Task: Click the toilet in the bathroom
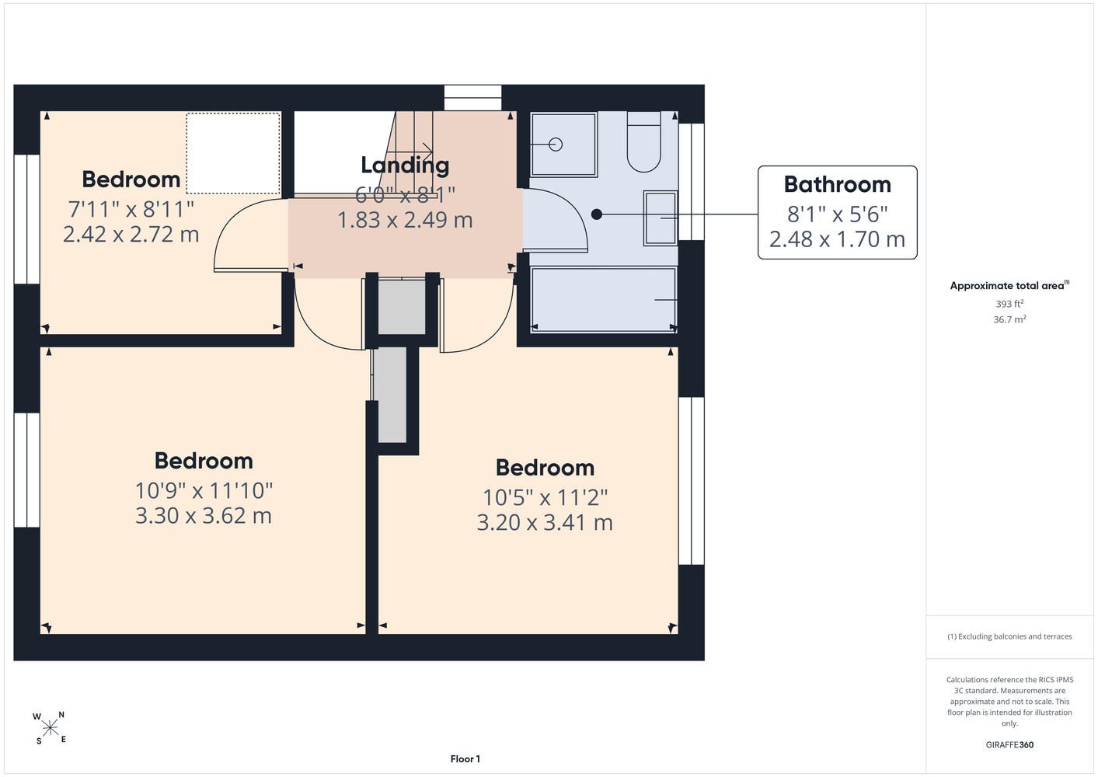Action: [x=643, y=142]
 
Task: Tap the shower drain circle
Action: [x=556, y=145]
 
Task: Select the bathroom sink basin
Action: [x=661, y=218]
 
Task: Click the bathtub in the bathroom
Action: [x=604, y=299]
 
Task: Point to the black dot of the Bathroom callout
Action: [x=597, y=214]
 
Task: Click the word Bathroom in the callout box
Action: [x=837, y=184]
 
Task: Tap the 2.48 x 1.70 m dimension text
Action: [x=837, y=239]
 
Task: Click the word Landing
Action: [x=405, y=166]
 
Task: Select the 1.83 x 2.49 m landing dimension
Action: [x=405, y=220]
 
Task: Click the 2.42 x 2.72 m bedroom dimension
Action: [x=131, y=235]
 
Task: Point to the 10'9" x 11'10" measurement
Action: [x=204, y=491]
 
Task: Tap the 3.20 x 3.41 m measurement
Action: [x=545, y=522]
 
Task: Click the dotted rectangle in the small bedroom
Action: [x=233, y=153]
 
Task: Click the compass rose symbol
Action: [x=50, y=728]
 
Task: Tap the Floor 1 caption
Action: [x=465, y=759]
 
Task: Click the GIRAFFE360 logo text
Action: [x=1009, y=744]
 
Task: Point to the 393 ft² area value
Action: [x=1009, y=304]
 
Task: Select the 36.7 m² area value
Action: [x=1009, y=319]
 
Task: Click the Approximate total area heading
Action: [x=1009, y=285]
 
